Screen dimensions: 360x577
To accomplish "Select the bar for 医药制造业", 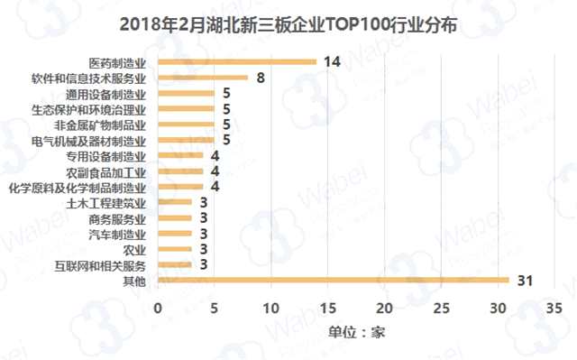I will [237, 61].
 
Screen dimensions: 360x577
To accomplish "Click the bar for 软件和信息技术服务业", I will [203, 78].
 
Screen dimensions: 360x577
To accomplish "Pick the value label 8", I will [260, 78].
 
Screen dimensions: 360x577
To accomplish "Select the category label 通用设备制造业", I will [105, 94].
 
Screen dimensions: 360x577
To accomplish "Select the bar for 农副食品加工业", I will [180, 171].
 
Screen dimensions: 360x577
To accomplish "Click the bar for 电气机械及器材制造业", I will [186, 140].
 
